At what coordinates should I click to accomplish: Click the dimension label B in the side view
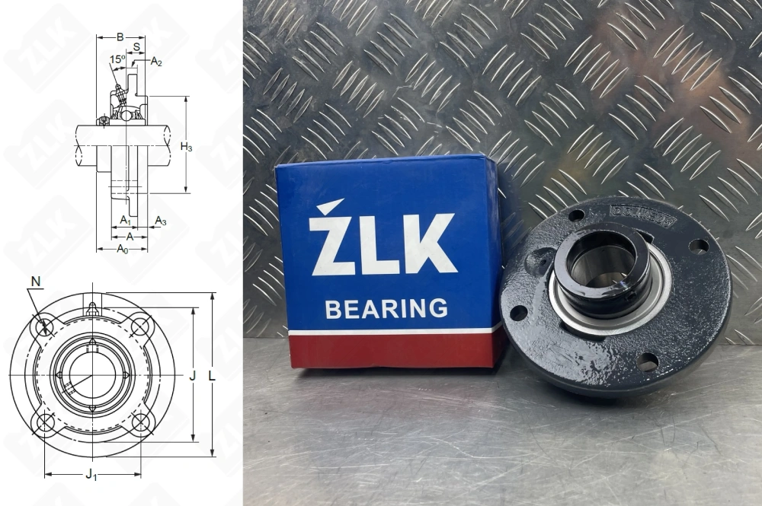(120, 37)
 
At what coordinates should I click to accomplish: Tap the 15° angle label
(117, 59)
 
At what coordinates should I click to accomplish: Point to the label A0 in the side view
(121, 249)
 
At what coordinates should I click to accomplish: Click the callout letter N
(34, 282)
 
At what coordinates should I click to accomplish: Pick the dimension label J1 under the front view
(91, 476)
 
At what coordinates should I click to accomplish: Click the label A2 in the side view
(156, 62)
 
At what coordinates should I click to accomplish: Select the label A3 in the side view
(160, 221)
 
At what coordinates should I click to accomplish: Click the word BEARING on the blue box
(386, 309)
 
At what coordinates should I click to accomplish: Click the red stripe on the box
(392, 349)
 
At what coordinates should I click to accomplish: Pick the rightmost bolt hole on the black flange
(698, 246)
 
